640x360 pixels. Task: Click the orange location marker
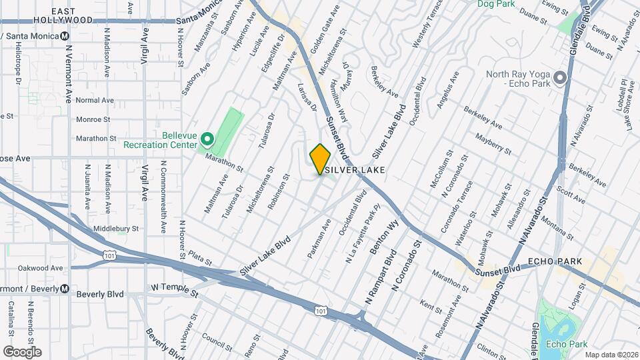click(320, 159)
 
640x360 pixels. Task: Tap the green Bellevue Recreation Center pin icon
click(207, 139)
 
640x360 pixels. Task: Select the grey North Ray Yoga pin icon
click(560, 79)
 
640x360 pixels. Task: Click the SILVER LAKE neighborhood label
click(353, 171)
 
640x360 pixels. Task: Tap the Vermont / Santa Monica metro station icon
click(65, 36)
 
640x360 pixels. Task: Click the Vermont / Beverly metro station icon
click(65, 289)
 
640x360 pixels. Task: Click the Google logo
click(22, 351)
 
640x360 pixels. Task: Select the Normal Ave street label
click(95, 100)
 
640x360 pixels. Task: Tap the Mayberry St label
click(493, 145)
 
